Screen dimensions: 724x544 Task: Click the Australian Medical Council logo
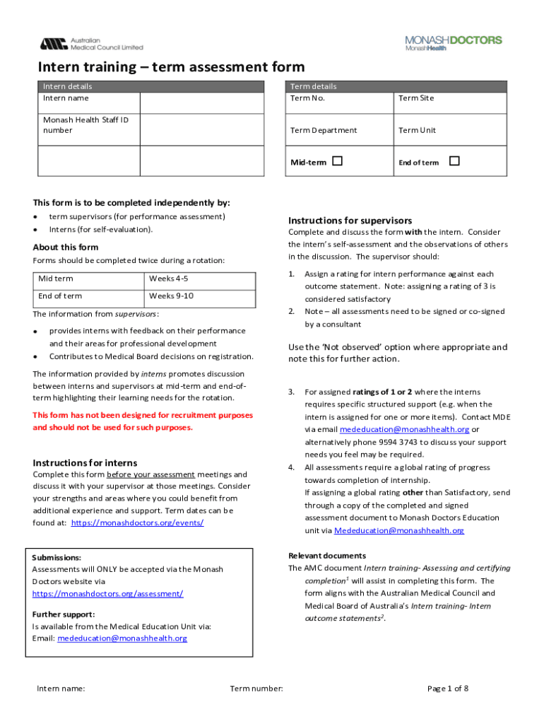(91, 44)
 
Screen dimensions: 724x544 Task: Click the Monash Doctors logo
(453, 43)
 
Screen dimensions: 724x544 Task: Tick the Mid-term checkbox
(338, 161)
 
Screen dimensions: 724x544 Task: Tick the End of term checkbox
(454, 161)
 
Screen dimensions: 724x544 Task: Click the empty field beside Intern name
(204, 103)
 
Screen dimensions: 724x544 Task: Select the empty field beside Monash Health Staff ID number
(204, 129)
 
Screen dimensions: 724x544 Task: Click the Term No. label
(308, 98)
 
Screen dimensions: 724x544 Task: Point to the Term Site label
(416, 98)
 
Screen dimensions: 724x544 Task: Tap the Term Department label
(324, 130)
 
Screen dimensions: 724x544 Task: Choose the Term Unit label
(417, 130)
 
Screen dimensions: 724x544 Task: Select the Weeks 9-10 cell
(171, 296)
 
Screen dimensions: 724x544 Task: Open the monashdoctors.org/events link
(137, 522)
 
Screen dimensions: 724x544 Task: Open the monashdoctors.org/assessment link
(107, 594)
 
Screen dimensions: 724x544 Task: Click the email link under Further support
(122, 638)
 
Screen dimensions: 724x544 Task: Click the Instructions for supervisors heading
(350, 221)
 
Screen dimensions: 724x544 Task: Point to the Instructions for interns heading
(85, 462)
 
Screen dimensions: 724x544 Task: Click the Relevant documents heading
(326, 556)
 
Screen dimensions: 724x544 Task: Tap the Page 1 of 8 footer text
(448, 689)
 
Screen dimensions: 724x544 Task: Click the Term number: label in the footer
(256, 689)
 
